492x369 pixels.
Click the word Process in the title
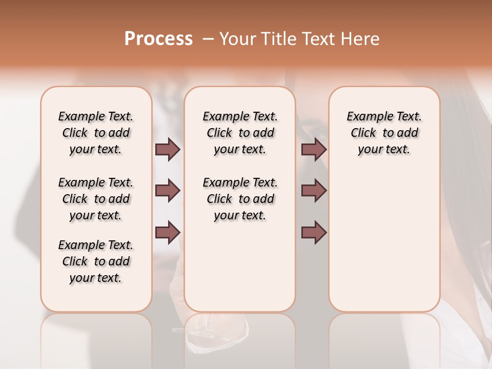[158, 39]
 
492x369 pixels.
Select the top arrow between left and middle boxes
[168, 149]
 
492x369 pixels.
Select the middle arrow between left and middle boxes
[168, 191]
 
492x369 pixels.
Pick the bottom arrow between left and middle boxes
[168, 233]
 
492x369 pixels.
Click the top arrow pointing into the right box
[314, 149]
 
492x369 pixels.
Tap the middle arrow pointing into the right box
[314, 191]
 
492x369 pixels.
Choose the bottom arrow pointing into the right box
[314, 233]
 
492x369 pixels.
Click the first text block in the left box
[96, 133]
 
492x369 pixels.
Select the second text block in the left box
[96, 199]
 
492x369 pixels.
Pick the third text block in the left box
[96, 261]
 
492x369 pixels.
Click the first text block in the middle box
[240, 133]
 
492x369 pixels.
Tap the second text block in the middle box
[240, 199]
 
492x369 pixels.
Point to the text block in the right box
[384, 133]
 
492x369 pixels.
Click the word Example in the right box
[366, 117]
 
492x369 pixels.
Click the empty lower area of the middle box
[240, 266]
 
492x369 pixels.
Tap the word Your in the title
[236, 39]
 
